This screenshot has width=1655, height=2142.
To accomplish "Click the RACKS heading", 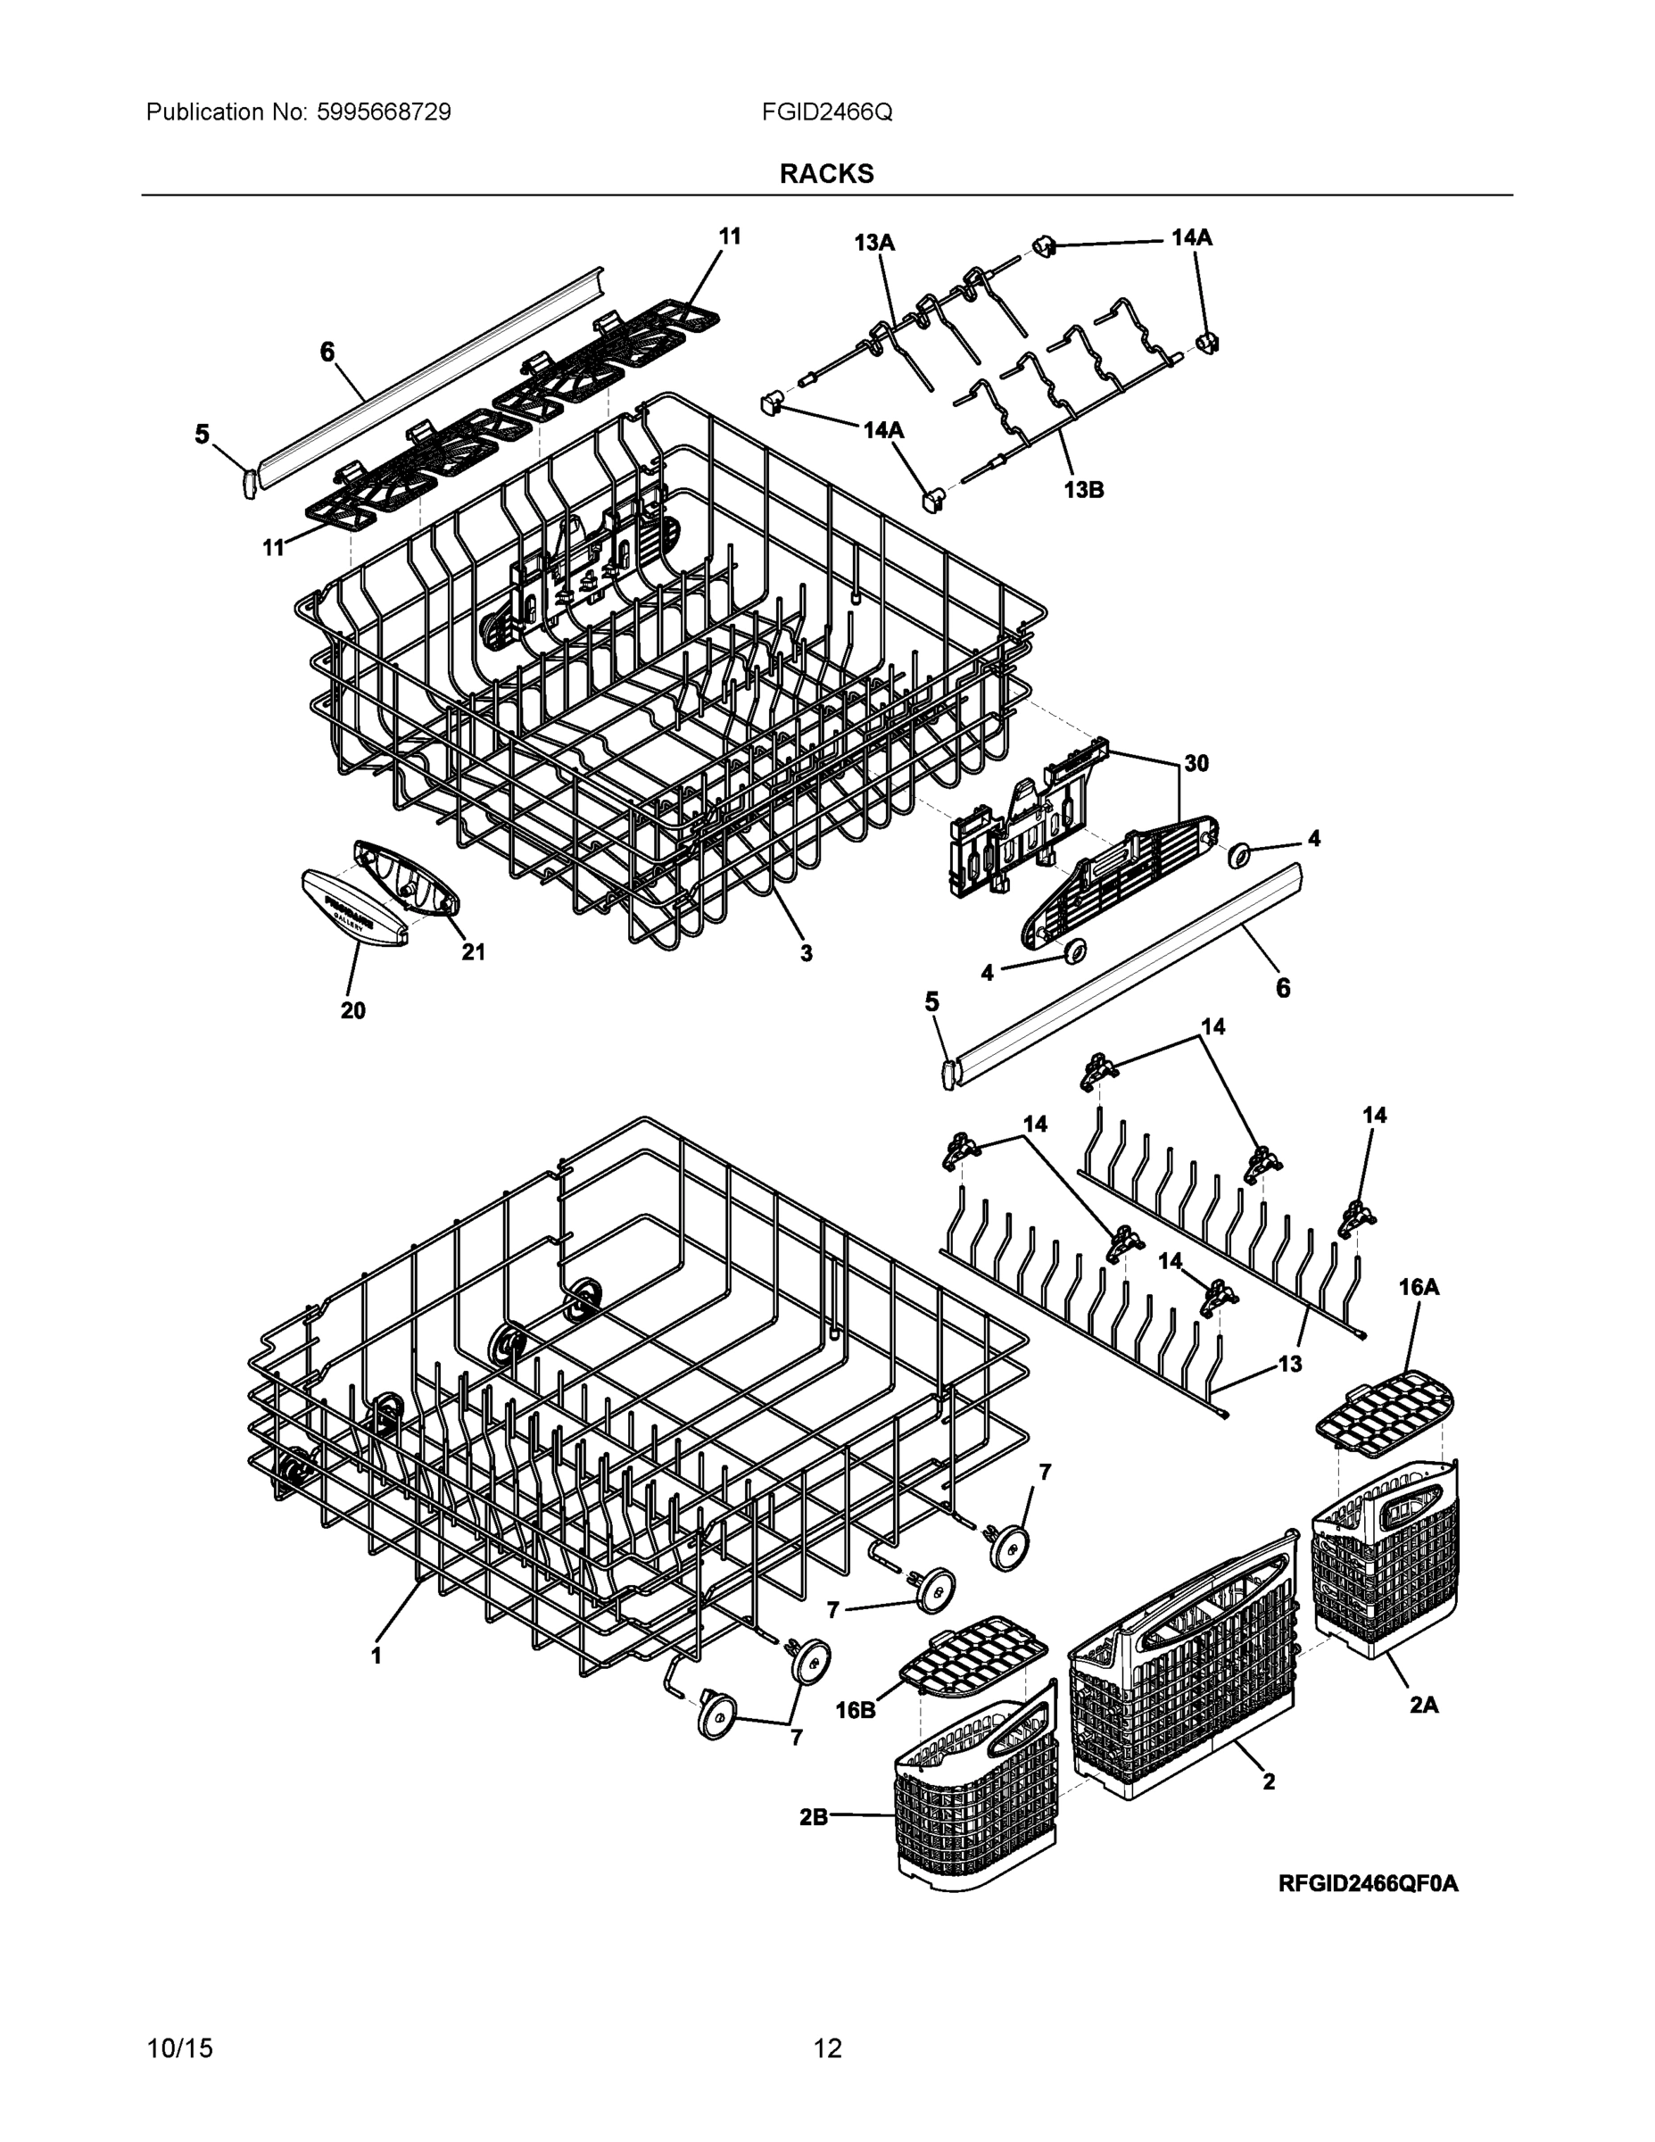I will tap(826, 174).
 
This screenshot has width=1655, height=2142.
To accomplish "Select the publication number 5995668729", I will tap(384, 112).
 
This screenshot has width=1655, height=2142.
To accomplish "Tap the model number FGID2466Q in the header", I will tap(826, 112).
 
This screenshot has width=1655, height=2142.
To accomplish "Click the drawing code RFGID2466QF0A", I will tap(1368, 1883).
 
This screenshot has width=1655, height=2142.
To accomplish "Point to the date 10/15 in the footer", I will tap(179, 2048).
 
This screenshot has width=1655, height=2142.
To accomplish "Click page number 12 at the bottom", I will tap(828, 2048).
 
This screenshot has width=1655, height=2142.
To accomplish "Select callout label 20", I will tap(353, 1010).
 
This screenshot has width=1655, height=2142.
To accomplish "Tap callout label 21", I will tap(474, 951).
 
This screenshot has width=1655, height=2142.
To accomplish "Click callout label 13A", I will tap(873, 242).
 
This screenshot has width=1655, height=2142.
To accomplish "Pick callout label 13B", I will tap(1083, 489).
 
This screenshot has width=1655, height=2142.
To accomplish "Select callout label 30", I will tap(1196, 763).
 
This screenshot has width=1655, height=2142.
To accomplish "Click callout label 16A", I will tap(1418, 1288).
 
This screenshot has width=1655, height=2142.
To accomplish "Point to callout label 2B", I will tap(814, 1816).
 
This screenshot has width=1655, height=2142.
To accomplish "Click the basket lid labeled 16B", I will tap(973, 1657).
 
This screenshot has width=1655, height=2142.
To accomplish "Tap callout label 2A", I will tap(1424, 1706).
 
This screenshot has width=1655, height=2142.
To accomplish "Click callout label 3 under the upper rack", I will tap(805, 952).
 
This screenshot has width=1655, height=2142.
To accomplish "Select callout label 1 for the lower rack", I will tap(376, 1656).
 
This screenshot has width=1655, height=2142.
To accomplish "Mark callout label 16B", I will tap(855, 1709).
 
